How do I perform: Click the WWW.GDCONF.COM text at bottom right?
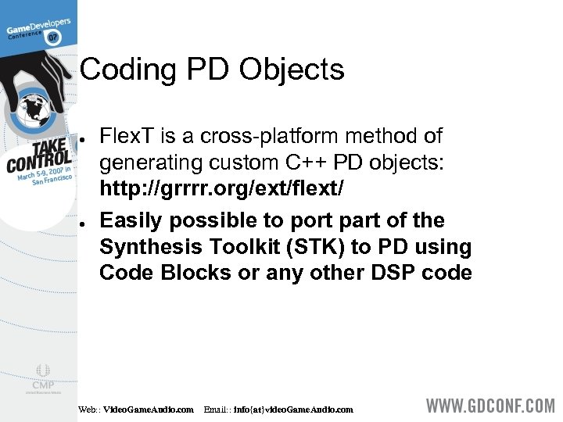point(490,407)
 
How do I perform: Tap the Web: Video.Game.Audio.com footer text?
point(136,409)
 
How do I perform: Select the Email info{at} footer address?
point(278,409)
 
